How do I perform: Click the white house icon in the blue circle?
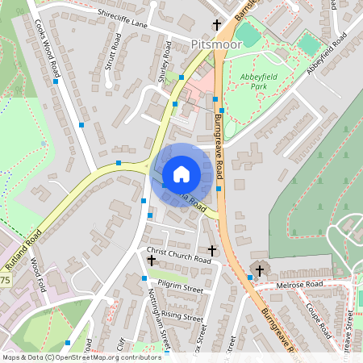pos(181,173)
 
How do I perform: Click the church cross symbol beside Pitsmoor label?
pos(216,24)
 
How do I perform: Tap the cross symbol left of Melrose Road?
pos(259,269)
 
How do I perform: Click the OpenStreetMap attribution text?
pos(81,357)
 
